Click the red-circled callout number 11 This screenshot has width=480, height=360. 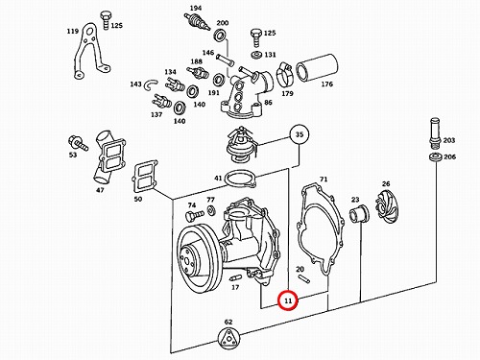(288, 300)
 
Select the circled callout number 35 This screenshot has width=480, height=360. (300, 134)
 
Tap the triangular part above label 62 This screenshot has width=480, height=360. (228, 339)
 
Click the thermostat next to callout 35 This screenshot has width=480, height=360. (242, 144)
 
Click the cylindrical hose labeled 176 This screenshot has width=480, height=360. (317, 68)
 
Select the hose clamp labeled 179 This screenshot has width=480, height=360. (284, 75)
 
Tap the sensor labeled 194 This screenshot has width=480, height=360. (197, 21)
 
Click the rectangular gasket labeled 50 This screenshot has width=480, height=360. (146, 177)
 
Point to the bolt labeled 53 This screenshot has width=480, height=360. (78, 143)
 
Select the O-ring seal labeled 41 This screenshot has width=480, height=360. (240, 179)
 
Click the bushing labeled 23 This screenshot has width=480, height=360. (358, 214)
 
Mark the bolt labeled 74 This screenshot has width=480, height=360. (194, 215)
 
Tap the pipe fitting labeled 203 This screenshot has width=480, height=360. (435, 133)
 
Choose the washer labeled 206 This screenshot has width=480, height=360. (436, 157)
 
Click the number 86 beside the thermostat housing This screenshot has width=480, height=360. (268, 102)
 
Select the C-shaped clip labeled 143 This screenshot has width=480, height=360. (151, 84)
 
